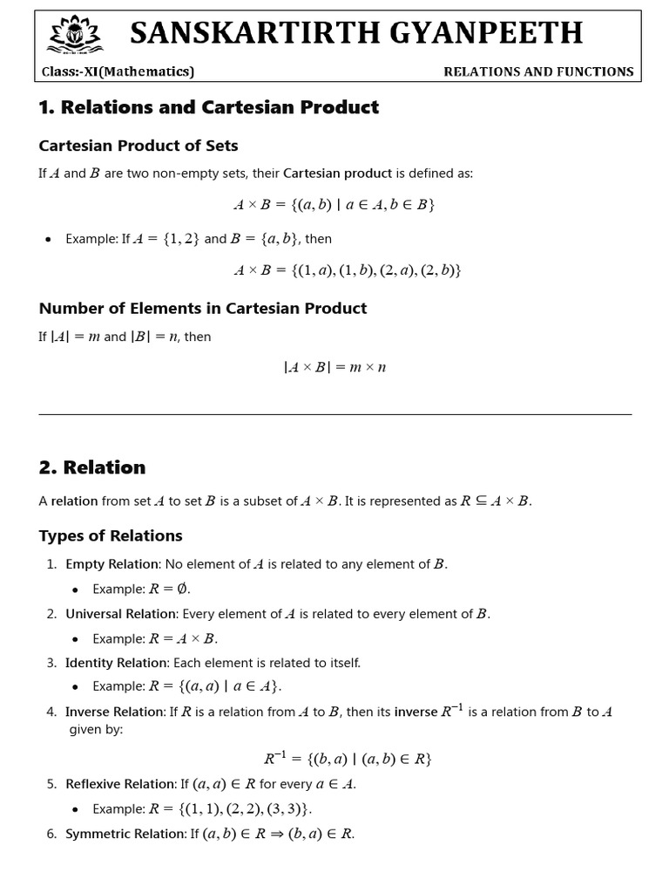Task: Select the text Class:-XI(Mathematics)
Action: pos(118,72)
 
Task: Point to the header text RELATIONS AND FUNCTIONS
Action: pos(538,72)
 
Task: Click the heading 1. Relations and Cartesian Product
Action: pos(209,107)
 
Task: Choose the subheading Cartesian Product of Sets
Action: pos(139,146)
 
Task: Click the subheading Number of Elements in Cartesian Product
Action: pos(203,308)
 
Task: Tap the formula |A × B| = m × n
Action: pos(334,367)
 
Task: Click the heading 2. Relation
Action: pos(92,467)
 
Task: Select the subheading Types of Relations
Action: pos(111,535)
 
